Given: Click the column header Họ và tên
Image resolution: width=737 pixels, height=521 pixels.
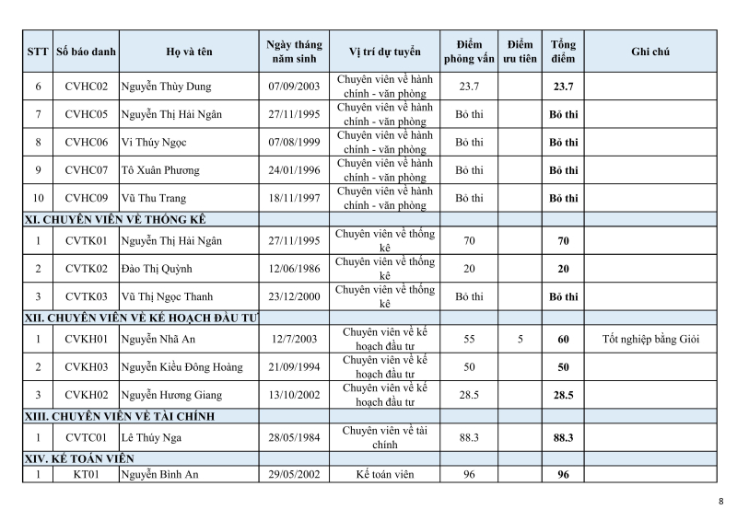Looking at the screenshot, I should [x=189, y=52].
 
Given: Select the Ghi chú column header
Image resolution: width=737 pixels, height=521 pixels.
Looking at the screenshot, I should [x=650, y=52].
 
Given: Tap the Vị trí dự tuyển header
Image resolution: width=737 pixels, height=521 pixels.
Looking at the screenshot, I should [x=384, y=52].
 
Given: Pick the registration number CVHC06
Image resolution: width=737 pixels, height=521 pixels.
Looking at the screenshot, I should [x=88, y=143].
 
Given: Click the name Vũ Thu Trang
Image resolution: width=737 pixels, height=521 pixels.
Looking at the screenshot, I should [x=154, y=198].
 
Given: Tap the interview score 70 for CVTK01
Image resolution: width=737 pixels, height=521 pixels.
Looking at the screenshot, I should [x=469, y=241].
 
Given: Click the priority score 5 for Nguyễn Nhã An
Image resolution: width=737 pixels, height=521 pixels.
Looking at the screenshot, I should [x=520, y=339].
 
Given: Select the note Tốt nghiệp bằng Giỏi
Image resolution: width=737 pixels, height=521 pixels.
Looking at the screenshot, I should [x=650, y=339].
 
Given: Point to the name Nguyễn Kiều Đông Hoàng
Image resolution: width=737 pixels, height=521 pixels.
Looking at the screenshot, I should [x=181, y=367].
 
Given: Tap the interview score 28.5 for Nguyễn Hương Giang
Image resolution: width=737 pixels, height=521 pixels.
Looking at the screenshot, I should [x=469, y=395].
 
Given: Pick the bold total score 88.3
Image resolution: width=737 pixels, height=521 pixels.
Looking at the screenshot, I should [x=563, y=438].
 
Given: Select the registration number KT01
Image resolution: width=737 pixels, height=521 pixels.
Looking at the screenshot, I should [x=88, y=475].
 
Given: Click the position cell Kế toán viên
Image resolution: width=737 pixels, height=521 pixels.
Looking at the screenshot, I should [x=384, y=475].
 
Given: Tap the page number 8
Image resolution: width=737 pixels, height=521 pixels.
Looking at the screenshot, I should [x=720, y=501].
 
